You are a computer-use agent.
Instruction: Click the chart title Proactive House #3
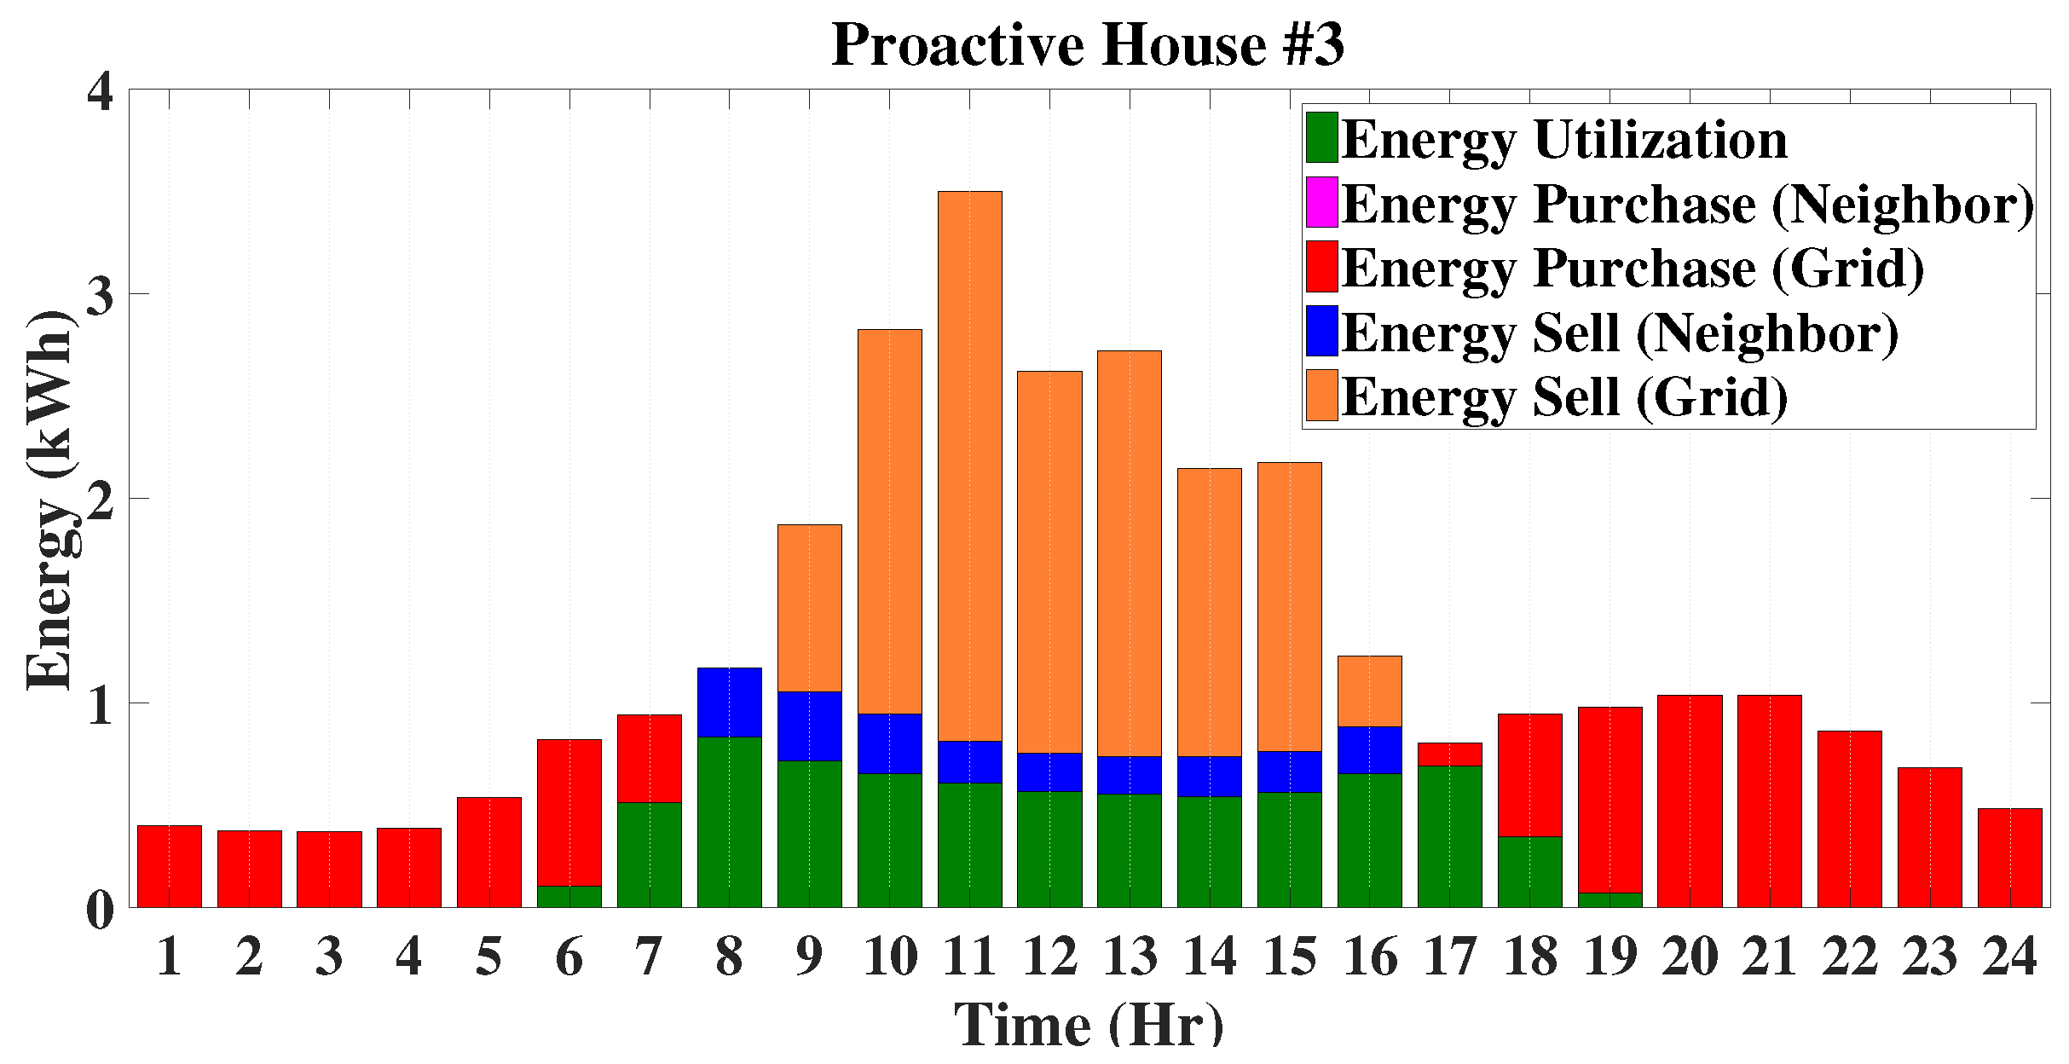coord(1087,44)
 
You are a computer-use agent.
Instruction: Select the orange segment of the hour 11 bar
coord(969,465)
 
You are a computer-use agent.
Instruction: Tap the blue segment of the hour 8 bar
coord(729,702)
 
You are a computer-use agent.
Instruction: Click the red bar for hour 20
coord(1690,801)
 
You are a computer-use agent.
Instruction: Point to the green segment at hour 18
coord(1529,871)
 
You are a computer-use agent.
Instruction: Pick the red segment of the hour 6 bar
coord(569,812)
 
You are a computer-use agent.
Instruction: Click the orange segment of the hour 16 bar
coord(1369,691)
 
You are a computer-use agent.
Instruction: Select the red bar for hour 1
coord(169,866)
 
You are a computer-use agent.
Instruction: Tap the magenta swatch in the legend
coord(1321,202)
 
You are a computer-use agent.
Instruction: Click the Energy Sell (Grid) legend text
coord(1563,396)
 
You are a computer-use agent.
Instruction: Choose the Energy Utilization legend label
coord(1563,139)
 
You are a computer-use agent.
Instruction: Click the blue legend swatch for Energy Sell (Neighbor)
coord(1321,331)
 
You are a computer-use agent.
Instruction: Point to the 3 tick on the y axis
coord(101,295)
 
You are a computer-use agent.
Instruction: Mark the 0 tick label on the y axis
coord(101,909)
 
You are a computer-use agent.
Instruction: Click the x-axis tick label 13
coord(1130,957)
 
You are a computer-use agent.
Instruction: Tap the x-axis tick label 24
coord(2009,957)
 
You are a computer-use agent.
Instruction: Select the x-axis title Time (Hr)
coord(1089,1025)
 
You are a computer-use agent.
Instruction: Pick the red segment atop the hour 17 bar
coord(1449,755)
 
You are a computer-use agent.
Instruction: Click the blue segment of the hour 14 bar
coord(1209,776)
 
